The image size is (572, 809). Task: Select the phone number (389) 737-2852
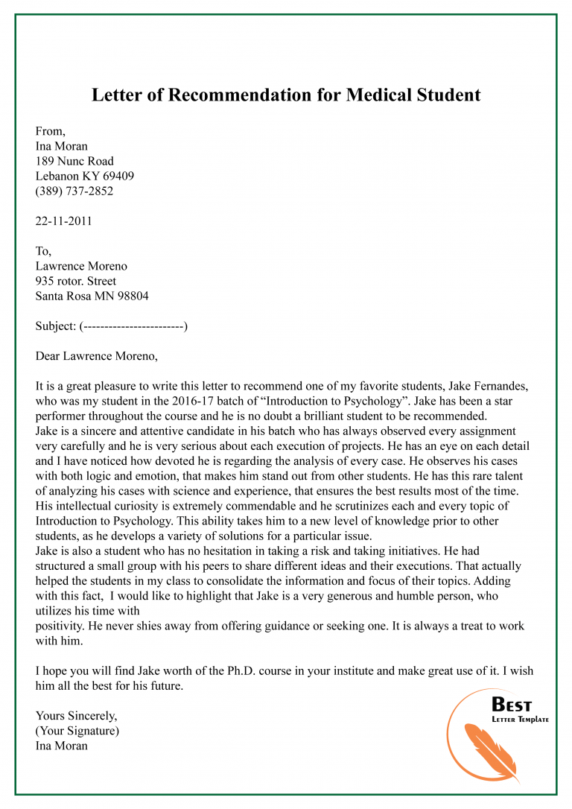(74, 191)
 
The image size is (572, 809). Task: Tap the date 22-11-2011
(64, 221)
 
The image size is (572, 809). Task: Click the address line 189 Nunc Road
(74, 162)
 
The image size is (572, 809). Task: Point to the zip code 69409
(118, 177)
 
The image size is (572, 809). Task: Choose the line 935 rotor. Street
(76, 281)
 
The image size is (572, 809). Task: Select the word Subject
(54, 326)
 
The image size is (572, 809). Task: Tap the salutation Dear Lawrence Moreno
(96, 356)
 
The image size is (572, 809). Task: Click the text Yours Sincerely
(76, 716)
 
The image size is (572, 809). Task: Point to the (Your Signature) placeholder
(77, 731)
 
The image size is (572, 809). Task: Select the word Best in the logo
(512, 705)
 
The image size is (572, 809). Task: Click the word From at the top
(50, 132)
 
